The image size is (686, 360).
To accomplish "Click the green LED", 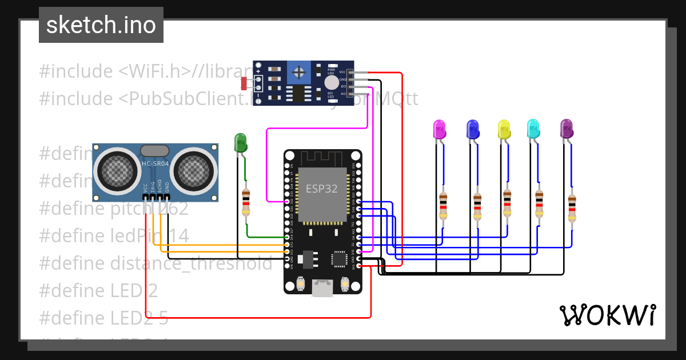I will [x=240, y=142].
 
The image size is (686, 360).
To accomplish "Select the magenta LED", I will [x=439, y=129].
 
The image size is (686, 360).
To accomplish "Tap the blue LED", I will [x=472, y=129].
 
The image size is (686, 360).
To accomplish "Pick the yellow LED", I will [x=504, y=129].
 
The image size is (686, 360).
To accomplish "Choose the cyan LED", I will [x=533, y=129].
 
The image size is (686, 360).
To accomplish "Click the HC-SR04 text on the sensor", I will [x=155, y=164].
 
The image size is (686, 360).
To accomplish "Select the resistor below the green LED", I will [x=246, y=202].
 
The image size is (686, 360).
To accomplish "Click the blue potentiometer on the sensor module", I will [x=298, y=72].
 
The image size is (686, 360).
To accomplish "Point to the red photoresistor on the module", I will [x=244, y=83].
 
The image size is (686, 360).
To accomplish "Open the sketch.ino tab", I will [x=101, y=25].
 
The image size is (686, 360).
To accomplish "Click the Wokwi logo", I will [x=607, y=315].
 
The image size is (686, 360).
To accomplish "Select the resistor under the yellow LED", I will [x=507, y=204].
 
